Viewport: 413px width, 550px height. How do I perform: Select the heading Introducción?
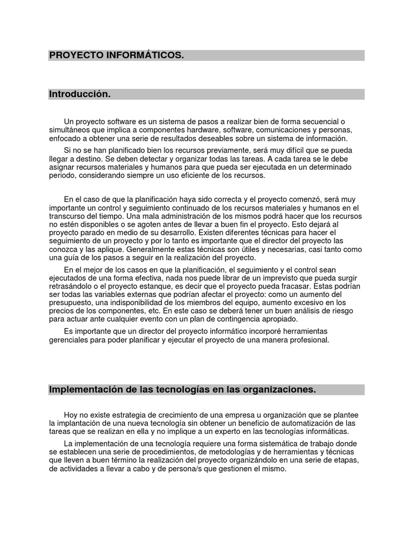click(x=80, y=94)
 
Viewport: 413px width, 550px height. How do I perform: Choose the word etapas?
click(x=344, y=461)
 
